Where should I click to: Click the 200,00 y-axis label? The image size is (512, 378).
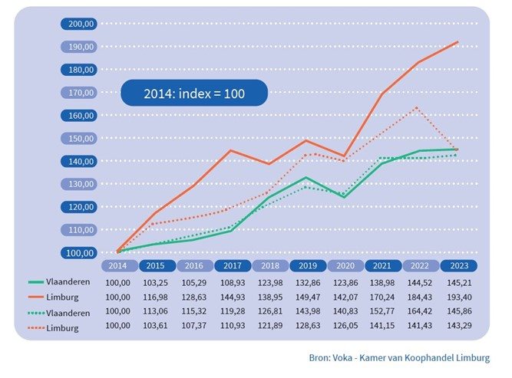click(x=79, y=24)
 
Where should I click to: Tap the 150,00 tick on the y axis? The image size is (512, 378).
click(x=79, y=139)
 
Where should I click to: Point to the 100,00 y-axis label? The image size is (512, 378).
click(x=79, y=253)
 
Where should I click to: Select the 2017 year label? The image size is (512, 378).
click(x=233, y=266)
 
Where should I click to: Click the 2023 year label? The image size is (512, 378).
click(x=459, y=266)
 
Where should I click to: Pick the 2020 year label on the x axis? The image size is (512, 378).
click(x=345, y=266)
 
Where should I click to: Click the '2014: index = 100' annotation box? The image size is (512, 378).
click(x=194, y=94)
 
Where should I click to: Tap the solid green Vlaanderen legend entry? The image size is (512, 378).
click(x=59, y=282)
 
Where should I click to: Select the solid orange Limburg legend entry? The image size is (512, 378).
click(x=53, y=297)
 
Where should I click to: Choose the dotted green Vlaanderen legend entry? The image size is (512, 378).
click(x=59, y=313)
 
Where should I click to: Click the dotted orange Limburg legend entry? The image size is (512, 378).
click(x=53, y=327)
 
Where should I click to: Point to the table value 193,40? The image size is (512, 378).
click(x=459, y=297)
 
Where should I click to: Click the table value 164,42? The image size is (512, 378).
click(x=420, y=311)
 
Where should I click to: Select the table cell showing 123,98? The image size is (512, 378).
click(x=270, y=283)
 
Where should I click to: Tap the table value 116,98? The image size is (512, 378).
click(x=155, y=297)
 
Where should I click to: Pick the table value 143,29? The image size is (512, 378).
click(x=459, y=326)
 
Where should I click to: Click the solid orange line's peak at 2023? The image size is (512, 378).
click(x=457, y=42)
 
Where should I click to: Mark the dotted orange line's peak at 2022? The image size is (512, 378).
click(x=417, y=107)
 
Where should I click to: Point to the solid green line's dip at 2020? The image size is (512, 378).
click(x=344, y=197)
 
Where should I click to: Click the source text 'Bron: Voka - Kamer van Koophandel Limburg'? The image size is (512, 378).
click(x=399, y=358)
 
